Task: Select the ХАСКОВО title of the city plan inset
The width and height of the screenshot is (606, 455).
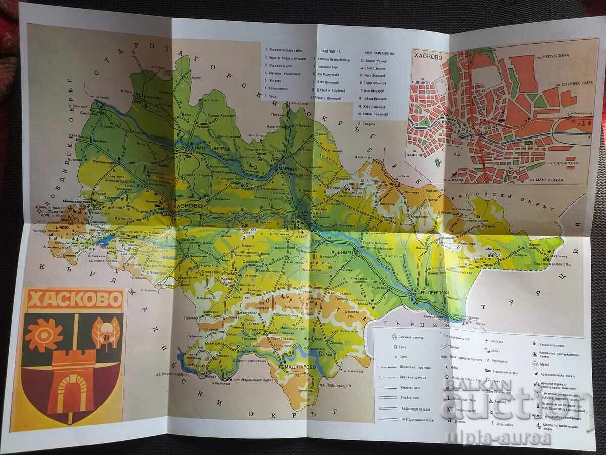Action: pos(430,57)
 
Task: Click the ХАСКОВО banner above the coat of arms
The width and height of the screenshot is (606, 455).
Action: pos(75,300)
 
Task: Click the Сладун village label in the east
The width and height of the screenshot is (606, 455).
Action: pos(520,255)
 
